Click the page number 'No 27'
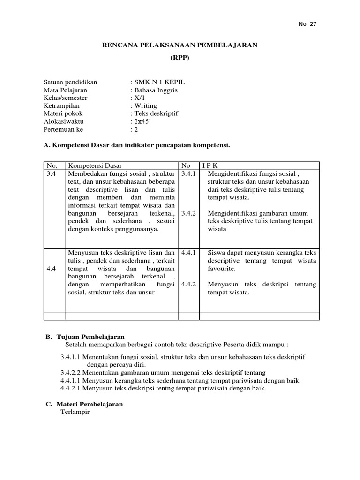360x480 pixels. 307,24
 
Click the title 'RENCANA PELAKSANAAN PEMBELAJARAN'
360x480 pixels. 180,45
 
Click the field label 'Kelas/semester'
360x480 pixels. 65,98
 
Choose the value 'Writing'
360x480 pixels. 145,106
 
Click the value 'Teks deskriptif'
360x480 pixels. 156,114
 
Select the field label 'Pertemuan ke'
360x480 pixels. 63,129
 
